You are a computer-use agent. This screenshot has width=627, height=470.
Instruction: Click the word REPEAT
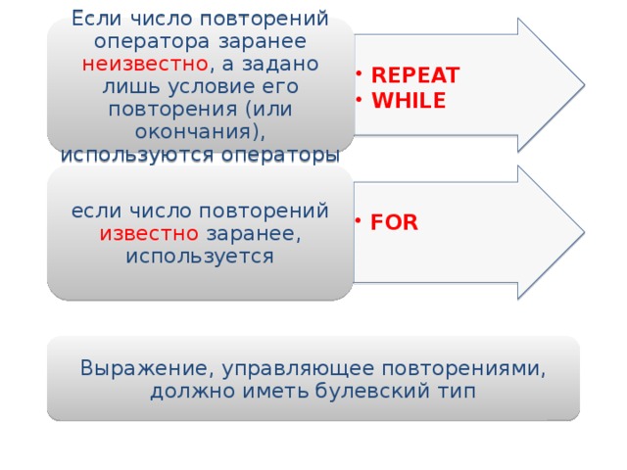[x=415, y=77]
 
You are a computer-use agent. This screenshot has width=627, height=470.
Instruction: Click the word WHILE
[x=409, y=101]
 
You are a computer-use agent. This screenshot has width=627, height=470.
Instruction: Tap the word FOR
[x=395, y=222]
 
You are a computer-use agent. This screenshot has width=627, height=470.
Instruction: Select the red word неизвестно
[x=144, y=64]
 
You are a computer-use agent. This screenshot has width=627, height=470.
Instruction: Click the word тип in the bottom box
[x=457, y=392]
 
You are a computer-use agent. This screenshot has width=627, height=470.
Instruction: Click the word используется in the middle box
[x=200, y=257]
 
